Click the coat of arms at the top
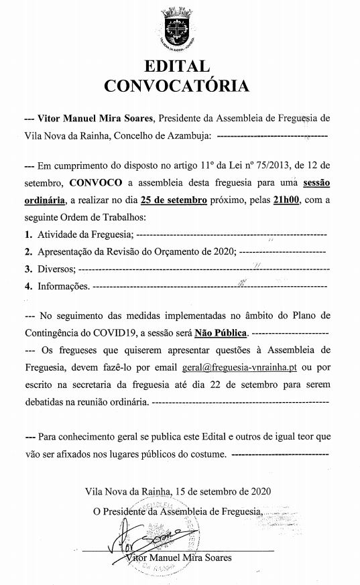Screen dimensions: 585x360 (x=179, y=26)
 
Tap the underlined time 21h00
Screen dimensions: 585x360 (x=286, y=200)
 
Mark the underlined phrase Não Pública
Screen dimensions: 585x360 (x=222, y=332)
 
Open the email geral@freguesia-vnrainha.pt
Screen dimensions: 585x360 (x=240, y=367)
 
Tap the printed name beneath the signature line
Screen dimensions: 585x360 (x=177, y=558)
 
